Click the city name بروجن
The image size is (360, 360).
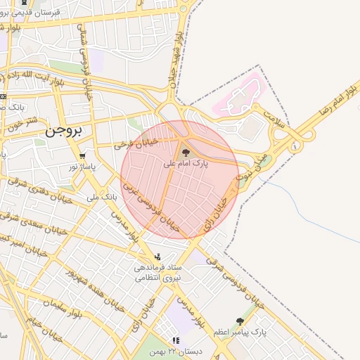coord(64,130)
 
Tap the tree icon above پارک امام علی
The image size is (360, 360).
coord(186,152)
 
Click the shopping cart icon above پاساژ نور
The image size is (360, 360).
coord(83,156)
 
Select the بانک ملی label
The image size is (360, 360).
coord(102,198)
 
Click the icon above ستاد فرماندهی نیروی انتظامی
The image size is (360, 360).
coord(157,257)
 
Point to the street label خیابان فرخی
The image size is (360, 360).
coord(132,145)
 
